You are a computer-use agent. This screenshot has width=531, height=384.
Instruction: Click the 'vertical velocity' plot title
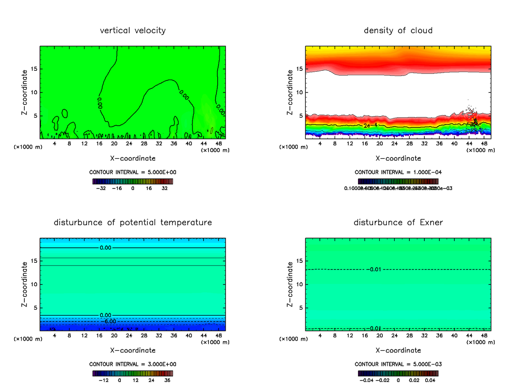(x=133, y=31)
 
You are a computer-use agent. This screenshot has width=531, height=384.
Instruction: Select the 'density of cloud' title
(x=398, y=31)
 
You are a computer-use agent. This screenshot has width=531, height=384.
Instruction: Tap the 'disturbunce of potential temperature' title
(x=133, y=222)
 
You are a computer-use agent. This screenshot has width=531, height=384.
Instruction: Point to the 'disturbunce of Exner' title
(x=398, y=222)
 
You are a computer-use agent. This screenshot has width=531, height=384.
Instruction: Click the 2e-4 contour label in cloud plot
(x=370, y=126)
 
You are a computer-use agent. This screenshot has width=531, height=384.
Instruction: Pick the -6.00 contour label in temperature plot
(x=108, y=321)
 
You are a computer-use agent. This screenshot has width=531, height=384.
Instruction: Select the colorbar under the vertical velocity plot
(x=133, y=181)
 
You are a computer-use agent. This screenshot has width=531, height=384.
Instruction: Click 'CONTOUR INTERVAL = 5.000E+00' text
(x=133, y=172)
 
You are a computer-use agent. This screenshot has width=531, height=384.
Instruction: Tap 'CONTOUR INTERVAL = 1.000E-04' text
(x=398, y=172)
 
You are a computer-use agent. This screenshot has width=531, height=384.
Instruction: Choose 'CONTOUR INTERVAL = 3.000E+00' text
(x=133, y=364)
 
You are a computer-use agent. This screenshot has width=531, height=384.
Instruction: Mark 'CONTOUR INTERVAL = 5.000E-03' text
(x=398, y=364)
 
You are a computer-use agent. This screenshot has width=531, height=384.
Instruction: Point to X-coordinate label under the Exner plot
(x=398, y=350)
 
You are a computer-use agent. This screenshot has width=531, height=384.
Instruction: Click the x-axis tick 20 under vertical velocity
(x=114, y=144)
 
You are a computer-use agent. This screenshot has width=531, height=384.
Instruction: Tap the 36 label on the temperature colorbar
(x=168, y=380)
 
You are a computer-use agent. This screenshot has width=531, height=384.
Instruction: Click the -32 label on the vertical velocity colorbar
(x=101, y=188)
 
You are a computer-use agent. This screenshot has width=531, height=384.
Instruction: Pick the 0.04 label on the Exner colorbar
(x=430, y=380)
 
